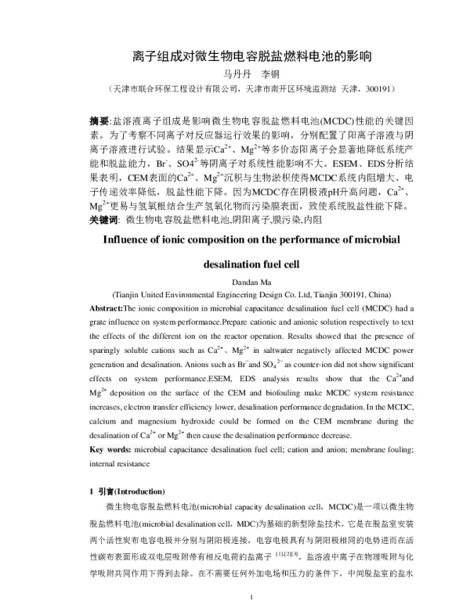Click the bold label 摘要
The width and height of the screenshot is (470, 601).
pyautogui.click(x=100, y=122)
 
